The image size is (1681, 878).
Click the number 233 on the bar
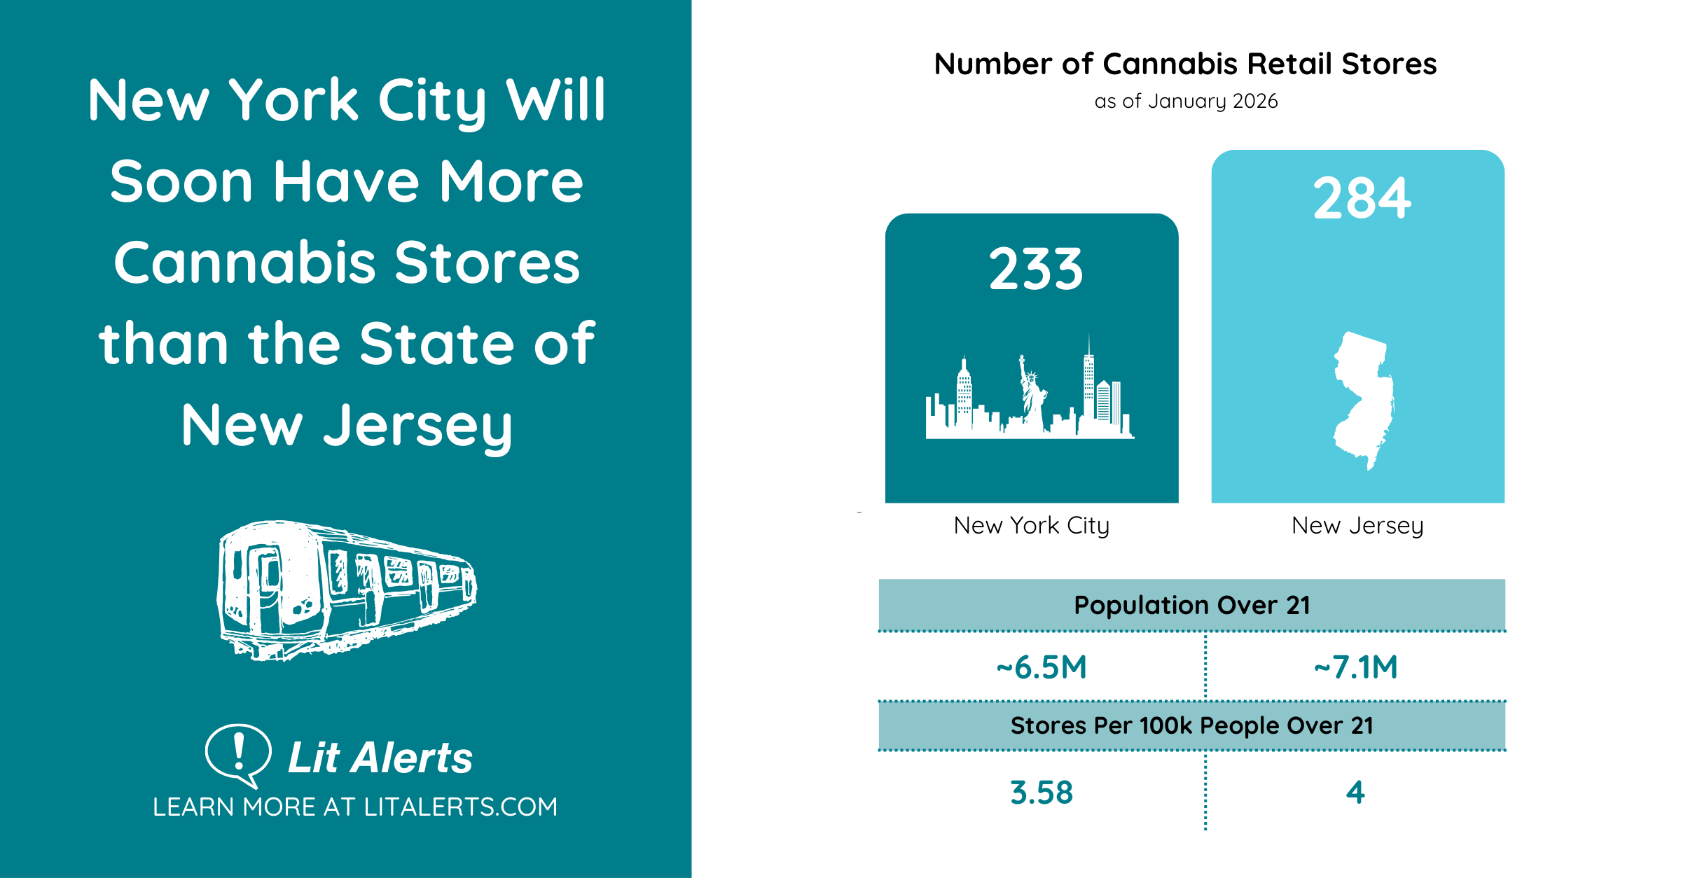1036,270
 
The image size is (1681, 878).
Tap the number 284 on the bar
1362,199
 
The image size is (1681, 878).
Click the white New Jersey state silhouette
1363,399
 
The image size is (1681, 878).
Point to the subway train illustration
347,590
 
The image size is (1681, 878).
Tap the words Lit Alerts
380,758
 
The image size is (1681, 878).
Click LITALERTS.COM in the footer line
460,807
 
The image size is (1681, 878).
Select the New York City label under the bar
1031,525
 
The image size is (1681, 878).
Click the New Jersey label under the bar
1357,525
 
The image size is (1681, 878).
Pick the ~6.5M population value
1042,667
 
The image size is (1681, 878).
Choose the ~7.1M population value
1355,667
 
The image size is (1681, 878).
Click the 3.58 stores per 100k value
1042,793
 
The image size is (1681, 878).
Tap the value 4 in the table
1355,793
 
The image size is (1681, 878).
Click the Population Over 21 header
1191,605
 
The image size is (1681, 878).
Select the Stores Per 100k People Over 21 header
1191,725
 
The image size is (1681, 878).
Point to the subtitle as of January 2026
1186,102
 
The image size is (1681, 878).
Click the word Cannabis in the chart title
1170,64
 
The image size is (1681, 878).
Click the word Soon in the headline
181,181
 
